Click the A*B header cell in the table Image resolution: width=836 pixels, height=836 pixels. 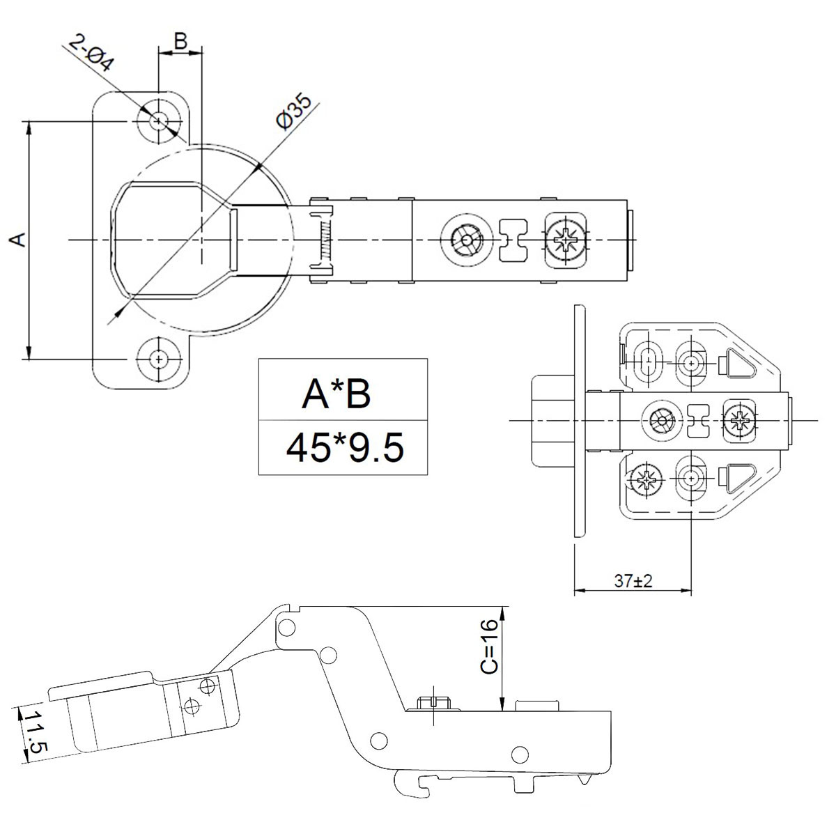[336, 394]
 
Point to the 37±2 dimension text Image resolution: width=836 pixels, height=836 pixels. [633, 581]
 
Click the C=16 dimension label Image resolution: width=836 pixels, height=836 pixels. [489, 646]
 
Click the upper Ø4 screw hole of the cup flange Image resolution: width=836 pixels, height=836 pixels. [159, 121]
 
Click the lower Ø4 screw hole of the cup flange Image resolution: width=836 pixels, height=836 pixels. [159, 359]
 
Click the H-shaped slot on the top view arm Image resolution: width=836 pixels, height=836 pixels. [514, 241]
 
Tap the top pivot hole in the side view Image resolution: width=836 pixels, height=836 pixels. [288, 624]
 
